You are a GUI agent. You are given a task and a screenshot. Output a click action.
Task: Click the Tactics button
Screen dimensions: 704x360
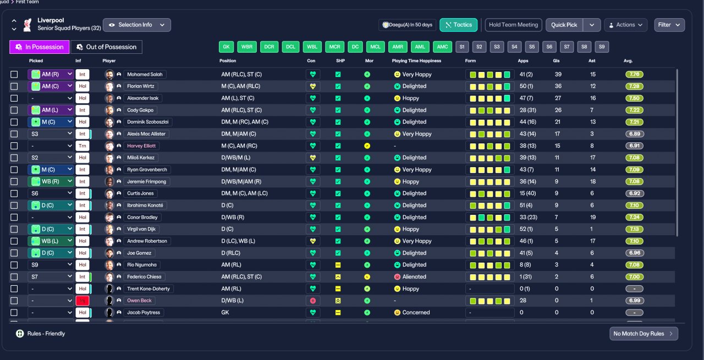(458, 25)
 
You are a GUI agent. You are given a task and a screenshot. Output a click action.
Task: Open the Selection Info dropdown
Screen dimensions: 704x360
(137, 25)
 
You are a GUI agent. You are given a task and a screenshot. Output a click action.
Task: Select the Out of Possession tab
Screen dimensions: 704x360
(107, 47)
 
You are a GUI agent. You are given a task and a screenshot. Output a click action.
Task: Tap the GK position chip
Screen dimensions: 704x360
(226, 47)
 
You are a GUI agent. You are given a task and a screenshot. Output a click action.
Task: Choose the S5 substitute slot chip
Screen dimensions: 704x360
(532, 47)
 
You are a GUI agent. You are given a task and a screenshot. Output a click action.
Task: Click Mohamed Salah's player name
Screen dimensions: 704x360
(145, 74)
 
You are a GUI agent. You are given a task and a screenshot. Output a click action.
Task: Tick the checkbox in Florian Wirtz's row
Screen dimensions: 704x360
(14, 86)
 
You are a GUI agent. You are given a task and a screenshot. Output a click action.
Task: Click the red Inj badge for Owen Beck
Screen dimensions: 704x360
(82, 301)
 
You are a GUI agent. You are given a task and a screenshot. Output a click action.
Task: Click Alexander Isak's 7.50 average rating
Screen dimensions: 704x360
(634, 98)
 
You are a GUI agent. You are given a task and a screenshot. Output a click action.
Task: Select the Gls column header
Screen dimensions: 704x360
(556, 60)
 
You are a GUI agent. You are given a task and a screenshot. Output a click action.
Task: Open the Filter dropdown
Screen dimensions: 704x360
(669, 25)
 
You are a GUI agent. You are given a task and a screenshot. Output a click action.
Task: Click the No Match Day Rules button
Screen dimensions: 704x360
(643, 334)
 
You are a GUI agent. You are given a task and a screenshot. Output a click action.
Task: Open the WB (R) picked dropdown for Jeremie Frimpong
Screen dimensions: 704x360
(51, 181)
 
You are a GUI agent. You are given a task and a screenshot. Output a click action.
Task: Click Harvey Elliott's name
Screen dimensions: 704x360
(141, 146)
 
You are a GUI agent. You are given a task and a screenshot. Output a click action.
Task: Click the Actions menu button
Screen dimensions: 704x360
(626, 25)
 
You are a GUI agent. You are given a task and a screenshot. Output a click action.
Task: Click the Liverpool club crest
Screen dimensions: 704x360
(28, 25)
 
